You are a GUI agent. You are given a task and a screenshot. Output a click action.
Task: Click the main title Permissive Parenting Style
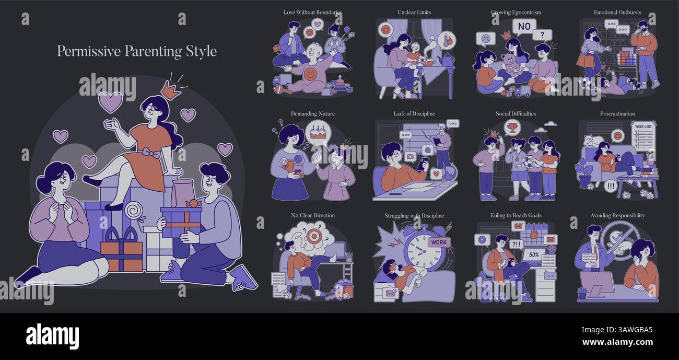click(x=137, y=51)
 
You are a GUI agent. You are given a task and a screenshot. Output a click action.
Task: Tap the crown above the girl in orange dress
click(x=170, y=89)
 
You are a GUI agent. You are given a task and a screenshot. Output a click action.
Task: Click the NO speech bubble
click(x=524, y=27)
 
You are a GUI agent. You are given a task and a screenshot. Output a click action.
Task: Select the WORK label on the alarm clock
click(x=439, y=242)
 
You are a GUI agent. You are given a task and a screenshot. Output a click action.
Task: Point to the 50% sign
click(x=534, y=255)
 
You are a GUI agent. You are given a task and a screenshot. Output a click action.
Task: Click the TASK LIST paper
click(x=643, y=135)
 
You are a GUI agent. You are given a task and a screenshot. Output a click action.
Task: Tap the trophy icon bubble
click(x=512, y=127)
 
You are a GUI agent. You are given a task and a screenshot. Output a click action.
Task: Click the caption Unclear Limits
click(x=414, y=13)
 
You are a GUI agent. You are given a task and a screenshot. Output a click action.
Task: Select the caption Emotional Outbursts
click(x=617, y=13)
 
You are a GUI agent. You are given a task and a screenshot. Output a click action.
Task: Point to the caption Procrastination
click(x=617, y=114)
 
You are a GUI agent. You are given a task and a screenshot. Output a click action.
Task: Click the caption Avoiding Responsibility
click(x=617, y=215)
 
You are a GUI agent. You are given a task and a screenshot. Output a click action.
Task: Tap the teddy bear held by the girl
click(x=510, y=65)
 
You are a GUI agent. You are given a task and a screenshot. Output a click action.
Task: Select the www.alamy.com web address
click(x=617, y=342)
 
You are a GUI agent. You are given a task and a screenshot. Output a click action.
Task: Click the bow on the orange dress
click(x=151, y=153)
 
